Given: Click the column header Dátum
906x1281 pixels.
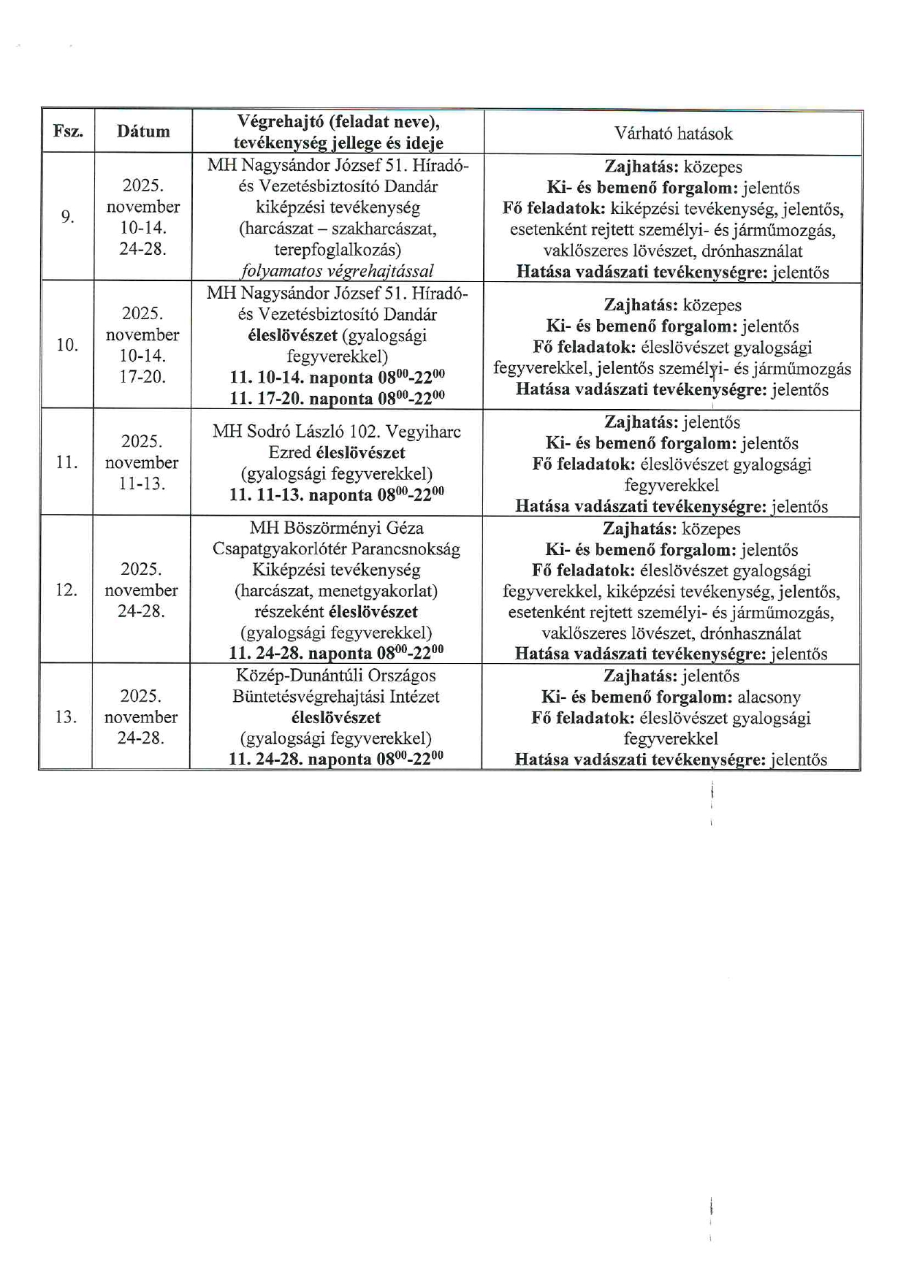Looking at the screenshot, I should click(x=143, y=131).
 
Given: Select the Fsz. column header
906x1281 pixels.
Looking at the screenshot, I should click(x=68, y=131).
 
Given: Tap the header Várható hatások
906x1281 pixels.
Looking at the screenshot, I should click(x=673, y=133).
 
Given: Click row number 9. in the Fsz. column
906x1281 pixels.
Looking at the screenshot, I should click(x=67, y=217).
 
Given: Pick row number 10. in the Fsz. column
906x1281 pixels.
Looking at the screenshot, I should click(x=67, y=345).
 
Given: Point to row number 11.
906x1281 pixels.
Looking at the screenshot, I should click(x=66, y=462).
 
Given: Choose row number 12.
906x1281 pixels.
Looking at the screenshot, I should click(x=66, y=590).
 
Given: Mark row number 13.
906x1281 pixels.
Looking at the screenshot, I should click(x=66, y=717).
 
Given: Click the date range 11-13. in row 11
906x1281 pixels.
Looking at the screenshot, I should click(x=142, y=483).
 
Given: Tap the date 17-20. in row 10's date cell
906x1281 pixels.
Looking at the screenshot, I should click(x=142, y=377).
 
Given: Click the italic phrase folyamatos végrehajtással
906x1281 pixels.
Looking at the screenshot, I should click(x=337, y=271).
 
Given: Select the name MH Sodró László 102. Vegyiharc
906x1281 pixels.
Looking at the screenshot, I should click(x=337, y=432).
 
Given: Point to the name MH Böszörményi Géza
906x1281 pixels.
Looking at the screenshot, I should click(x=337, y=528).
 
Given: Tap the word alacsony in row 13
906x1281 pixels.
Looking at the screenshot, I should click(x=769, y=697).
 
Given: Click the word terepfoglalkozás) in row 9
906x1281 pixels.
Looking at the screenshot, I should click(x=337, y=250).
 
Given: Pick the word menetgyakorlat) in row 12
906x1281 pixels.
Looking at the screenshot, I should click(x=378, y=591).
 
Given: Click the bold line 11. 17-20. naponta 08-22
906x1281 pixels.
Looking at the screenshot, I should click(x=337, y=399).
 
